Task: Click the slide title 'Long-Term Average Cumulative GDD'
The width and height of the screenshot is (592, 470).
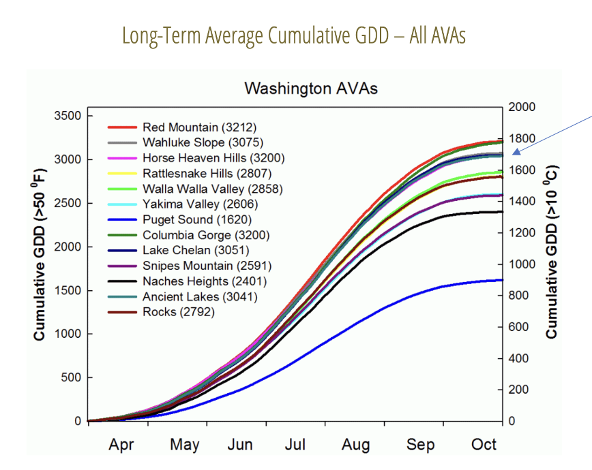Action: point(294,35)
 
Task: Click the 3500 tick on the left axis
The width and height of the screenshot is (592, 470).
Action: point(68,116)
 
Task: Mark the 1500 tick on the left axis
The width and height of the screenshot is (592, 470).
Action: point(68,291)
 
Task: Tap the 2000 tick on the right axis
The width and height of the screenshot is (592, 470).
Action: point(522,108)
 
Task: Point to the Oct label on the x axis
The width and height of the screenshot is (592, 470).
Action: point(484,445)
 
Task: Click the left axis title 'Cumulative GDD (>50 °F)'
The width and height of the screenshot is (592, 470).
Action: point(40,267)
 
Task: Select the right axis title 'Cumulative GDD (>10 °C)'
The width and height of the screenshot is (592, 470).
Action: point(551,251)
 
